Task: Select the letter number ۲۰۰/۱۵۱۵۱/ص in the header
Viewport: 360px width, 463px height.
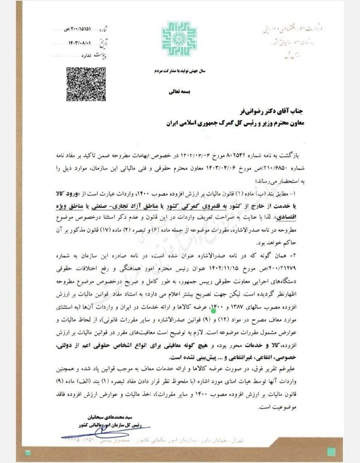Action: pos(80,28)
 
